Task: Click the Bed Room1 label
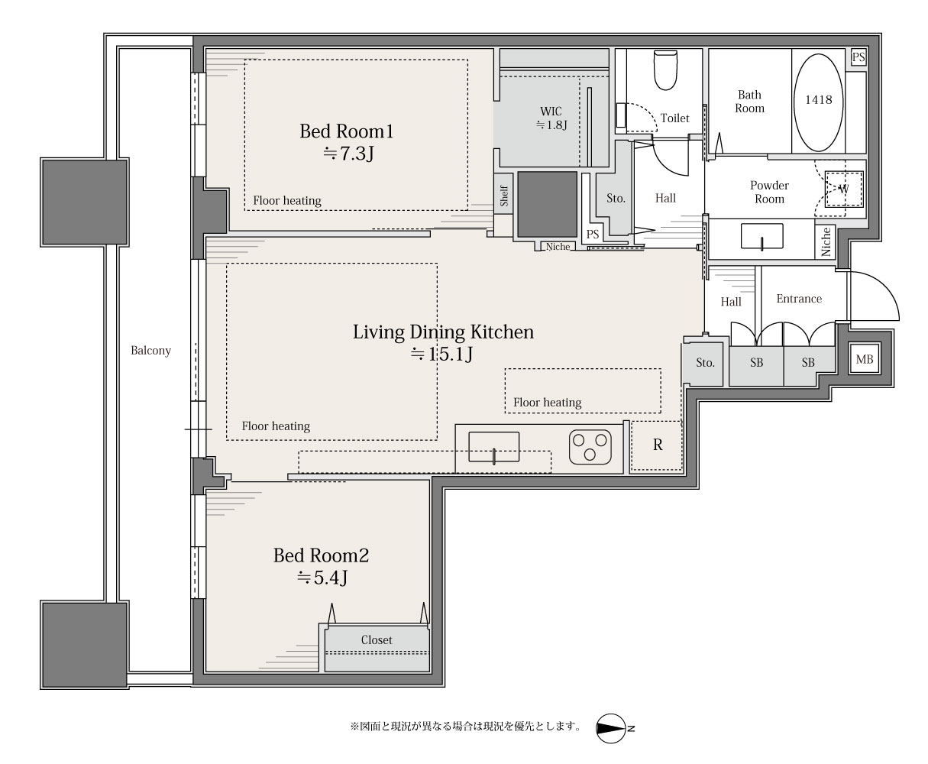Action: pos(346,131)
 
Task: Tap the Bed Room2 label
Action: pos(322,555)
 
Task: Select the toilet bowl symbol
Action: pos(664,70)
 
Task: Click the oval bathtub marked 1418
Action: pos(819,102)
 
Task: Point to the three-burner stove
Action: pos(590,447)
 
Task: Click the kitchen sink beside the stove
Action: pos(493,447)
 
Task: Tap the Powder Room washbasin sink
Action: pos(761,236)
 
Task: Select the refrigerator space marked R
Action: pos(657,445)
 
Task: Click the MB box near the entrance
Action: pos(864,359)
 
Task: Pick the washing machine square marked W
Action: pos(843,189)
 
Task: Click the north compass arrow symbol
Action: pos(611,728)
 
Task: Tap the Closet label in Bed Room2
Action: pos(377,640)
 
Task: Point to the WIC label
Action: pos(551,112)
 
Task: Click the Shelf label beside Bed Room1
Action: pos(504,196)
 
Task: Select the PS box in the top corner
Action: pos(858,57)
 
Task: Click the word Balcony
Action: pos(150,351)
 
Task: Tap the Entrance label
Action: pos(799,299)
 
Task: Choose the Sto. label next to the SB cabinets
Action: pos(705,363)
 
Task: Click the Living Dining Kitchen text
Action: pos(443,332)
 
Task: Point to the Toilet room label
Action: pos(674,118)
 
